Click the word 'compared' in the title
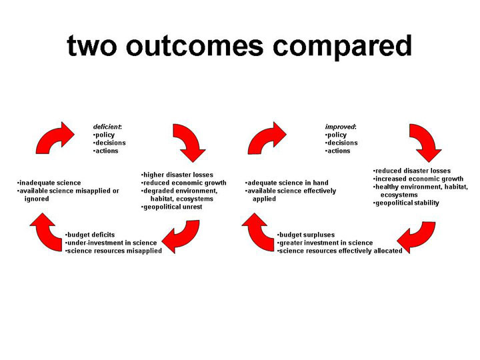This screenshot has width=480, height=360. coord(342,46)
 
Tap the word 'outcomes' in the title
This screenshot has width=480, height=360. coord(195,46)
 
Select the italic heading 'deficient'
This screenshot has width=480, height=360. coord(107,127)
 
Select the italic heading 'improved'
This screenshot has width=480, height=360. coord(340,127)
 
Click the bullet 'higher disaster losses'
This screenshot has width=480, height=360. coord(177,175)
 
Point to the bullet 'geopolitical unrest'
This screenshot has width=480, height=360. coord(172,207)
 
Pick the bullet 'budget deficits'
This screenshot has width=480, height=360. coord(90,235)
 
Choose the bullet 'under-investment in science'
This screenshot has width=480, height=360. coord(111,243)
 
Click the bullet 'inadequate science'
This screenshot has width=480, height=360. coord(49,183)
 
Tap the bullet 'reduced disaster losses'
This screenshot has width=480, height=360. coord(412,171)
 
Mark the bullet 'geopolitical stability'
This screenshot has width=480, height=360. coord(406,203)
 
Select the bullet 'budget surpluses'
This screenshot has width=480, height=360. coord(306,235)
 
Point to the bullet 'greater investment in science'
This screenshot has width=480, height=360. coord(325,243)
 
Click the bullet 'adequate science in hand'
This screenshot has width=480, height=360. coord(287,183)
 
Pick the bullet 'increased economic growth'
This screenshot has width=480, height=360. coord(418,179)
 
